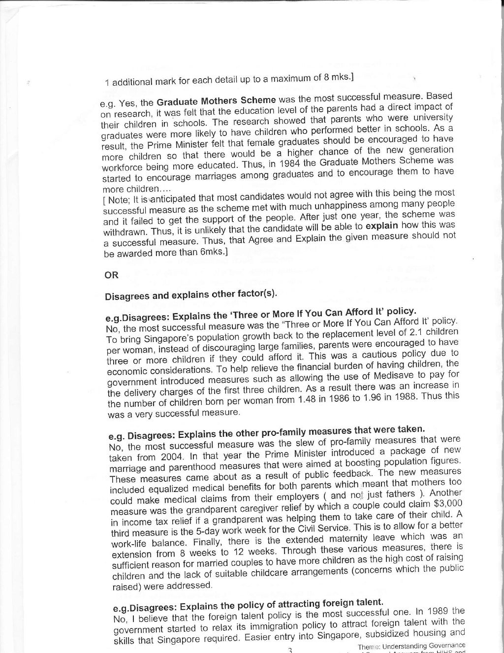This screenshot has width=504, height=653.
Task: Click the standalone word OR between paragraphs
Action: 111,275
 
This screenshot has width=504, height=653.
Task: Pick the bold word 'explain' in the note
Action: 381,226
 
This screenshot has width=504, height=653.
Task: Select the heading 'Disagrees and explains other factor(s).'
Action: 191,295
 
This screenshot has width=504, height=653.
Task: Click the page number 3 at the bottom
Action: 290,650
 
